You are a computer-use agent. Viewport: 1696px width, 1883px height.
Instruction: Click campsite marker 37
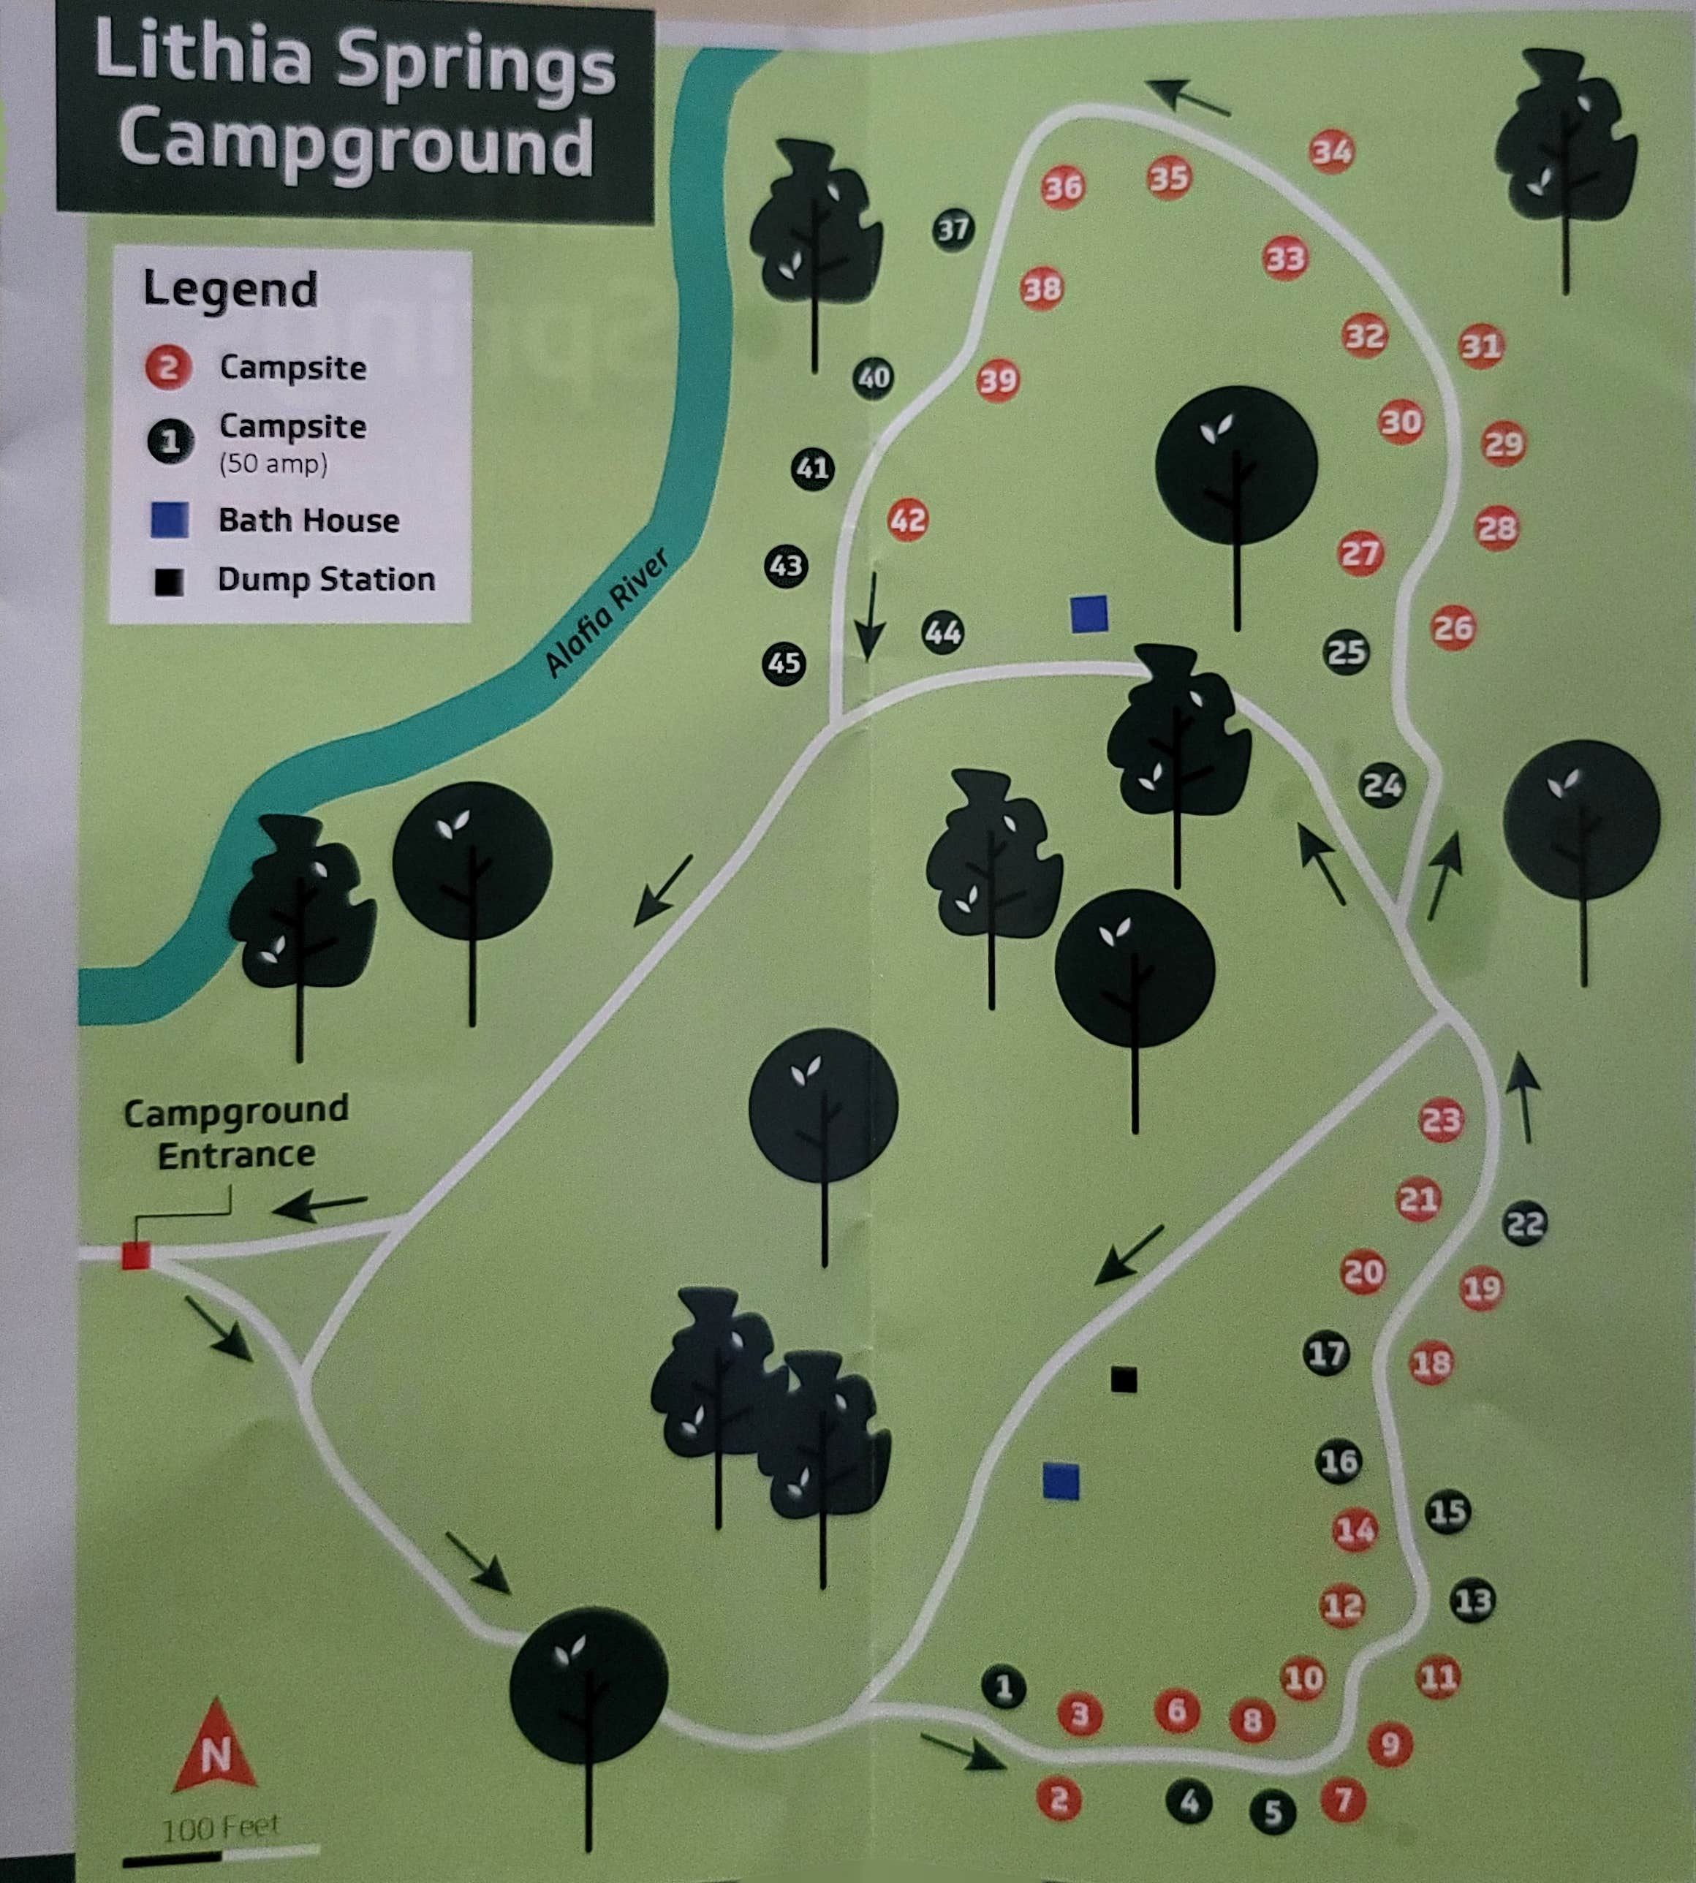[953, 230]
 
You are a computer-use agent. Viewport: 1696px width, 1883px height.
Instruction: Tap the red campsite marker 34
[1332, 152]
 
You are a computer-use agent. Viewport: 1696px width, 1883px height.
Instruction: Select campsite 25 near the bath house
[1347, 652]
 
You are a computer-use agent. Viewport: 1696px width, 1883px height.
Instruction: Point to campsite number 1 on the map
[1004, 1687]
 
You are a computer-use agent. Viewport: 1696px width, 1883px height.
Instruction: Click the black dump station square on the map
[1124, 1379]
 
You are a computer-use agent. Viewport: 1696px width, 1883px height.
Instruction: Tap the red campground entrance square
[136, 1256]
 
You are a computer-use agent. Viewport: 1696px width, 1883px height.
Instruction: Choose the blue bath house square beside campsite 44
[1089, 615]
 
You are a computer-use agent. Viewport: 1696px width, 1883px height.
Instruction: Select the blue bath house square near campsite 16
[1061, 1482]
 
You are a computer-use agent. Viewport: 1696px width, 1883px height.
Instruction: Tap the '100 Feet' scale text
[220, 1828]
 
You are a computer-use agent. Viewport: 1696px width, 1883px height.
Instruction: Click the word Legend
[230, 289]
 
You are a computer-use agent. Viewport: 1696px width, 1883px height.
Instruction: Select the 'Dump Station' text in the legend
[326, 580]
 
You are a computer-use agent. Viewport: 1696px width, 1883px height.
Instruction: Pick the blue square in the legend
[170, 520]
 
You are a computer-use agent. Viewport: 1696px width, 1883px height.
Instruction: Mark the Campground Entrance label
[236, 1132]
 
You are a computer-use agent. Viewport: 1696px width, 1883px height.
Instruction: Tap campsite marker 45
[784, 664]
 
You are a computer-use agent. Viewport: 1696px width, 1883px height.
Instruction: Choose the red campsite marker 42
[908, 519]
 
